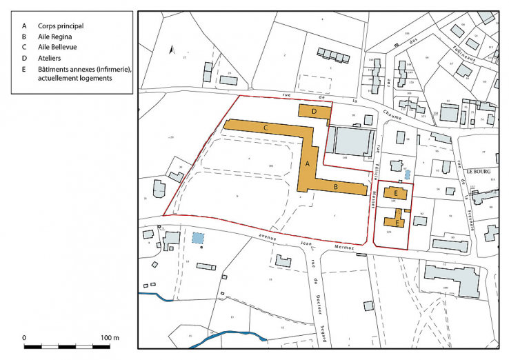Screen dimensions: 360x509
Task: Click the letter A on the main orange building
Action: (x=307, y=164)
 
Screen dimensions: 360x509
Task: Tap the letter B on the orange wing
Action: (x=335, y=186)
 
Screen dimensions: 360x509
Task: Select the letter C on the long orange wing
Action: (x=266, y=128)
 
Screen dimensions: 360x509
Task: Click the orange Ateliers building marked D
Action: (x=314, y=110)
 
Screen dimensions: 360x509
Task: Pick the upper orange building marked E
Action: (x=395, y=194)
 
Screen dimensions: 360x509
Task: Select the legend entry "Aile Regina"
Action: (x=55, y=36)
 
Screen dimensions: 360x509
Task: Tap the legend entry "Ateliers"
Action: (x=49, y=58)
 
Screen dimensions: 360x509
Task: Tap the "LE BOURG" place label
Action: (x=477, y=171)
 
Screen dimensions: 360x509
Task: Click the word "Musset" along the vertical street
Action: (x=373, y=198)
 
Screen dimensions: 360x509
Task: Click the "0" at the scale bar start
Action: (x=26, y=337)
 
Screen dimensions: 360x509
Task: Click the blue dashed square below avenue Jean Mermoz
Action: (x=199, y=238)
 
